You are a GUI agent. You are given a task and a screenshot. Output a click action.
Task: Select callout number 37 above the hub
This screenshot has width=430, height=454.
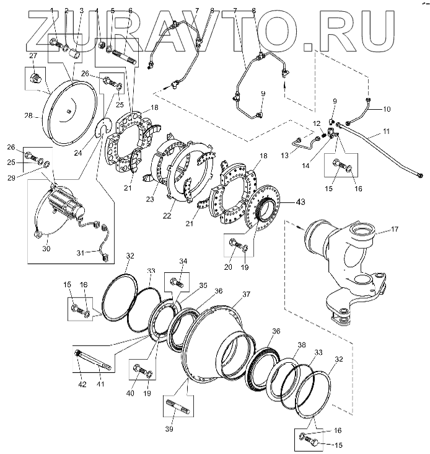tap(246, 295)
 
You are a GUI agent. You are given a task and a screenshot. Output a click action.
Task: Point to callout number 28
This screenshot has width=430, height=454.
tap(28, 117)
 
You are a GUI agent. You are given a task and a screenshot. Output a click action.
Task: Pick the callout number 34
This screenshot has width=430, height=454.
tap(183, 261)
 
